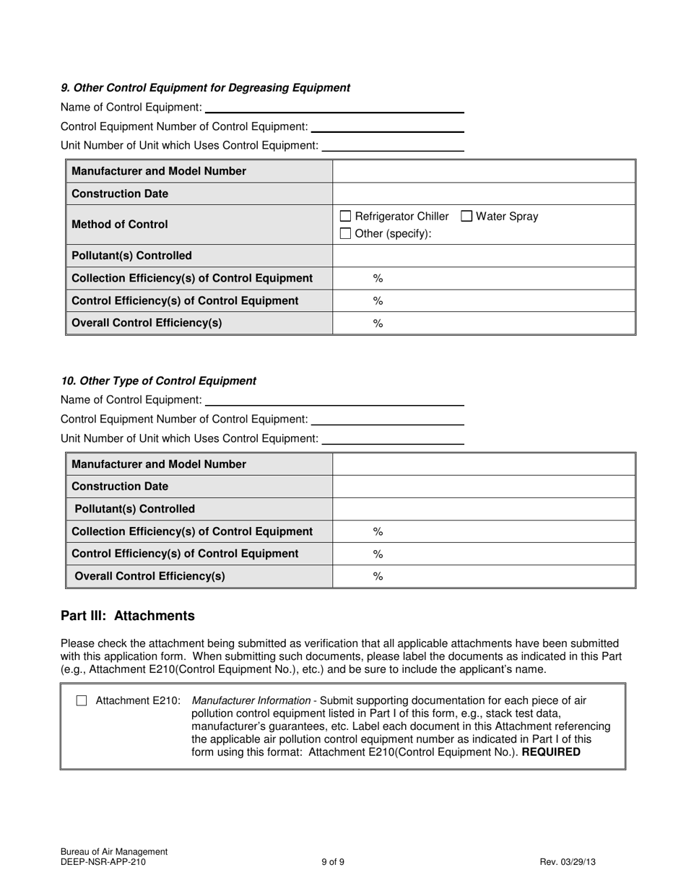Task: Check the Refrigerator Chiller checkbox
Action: pyautogui.click(x=345, y=216)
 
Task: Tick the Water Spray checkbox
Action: pyautogui.click(x=466, y=216)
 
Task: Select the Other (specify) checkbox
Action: pyautogui.click(x=345, y=233)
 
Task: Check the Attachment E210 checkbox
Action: pyautogui.click(x=82, y=700)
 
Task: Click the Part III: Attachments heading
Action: pyautogui.click(x=128, y=616)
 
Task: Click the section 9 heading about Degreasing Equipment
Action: pyautogui.click(x=205, y=87)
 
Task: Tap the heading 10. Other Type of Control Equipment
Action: pyautogui.click(x=158, y=380)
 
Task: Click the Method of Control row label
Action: pyautogui.click(x=120, y=225)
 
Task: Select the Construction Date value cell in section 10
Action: pyautogui.click(x=483, y=487)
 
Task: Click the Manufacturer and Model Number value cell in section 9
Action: pyautogui.click(x=483, y=171)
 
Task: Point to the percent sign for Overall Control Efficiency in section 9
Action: pyautogui.click(x=377, y=323)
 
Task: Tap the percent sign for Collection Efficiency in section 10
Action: pyautogui.click(x=377, y=531)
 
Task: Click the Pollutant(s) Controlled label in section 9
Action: pyautogui.click(x=132, y=256)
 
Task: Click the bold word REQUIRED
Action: pyautogui.click(x=550, y=752)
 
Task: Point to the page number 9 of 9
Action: pyautogui.click(x=333, y=861)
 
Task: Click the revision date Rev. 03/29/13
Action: pyautogui.click(x=568, y=861)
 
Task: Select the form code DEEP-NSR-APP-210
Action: pyautogui.click(x=103, y=861)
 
